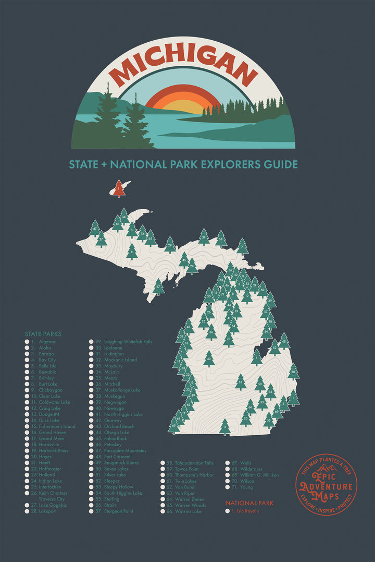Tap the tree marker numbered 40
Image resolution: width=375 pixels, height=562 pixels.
point(209,358)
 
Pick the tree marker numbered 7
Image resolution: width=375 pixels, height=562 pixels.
point(242,246)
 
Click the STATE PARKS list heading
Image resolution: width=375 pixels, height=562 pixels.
point(43,334)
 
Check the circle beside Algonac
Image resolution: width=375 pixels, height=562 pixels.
point(27,342)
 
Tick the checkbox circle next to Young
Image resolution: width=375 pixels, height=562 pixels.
point(228,487)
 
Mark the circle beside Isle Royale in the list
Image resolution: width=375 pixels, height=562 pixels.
point(228,511)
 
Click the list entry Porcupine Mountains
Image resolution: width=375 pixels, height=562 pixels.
point(124,451)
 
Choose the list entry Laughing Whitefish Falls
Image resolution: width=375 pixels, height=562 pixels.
point(128,342)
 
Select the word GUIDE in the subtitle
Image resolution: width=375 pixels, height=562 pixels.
point(281,165)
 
